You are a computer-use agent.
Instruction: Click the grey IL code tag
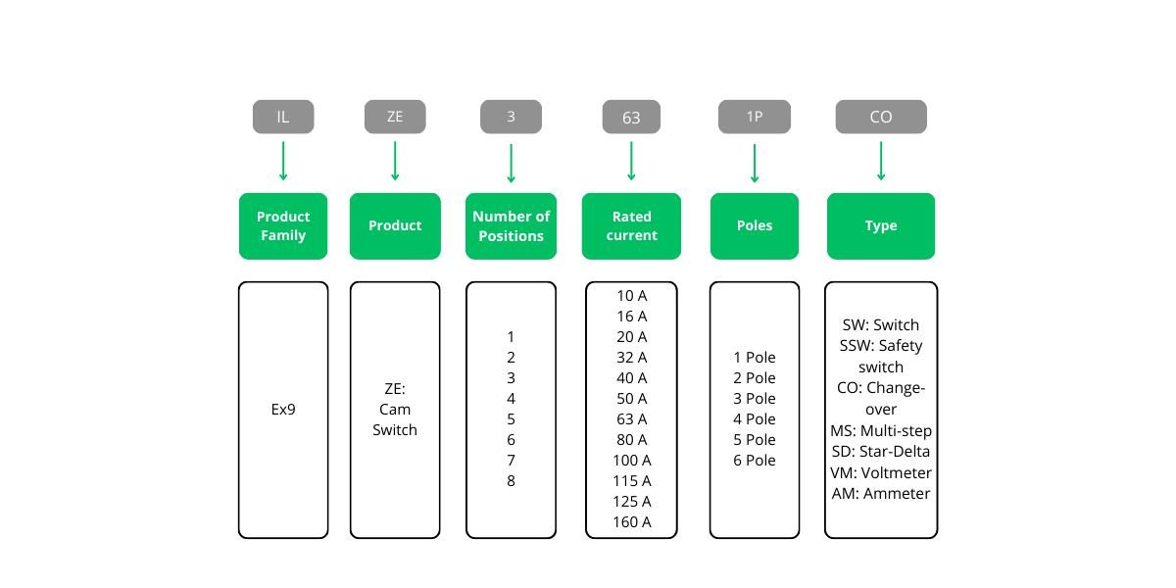coord(283,117)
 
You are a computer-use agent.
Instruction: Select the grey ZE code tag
coord(395,117)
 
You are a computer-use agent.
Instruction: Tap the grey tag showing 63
coord(631,118)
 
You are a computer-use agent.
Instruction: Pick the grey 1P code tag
coord(755,117)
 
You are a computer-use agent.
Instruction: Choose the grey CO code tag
coord(881,117)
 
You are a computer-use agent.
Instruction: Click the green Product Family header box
coord(283,226)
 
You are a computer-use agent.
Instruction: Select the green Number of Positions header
coord(511,226)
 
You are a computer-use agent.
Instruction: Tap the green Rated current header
coord(631,226)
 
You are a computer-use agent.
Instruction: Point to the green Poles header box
coord(755,226)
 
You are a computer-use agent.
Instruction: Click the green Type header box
coord(881,226)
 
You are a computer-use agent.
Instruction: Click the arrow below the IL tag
coord(283,161)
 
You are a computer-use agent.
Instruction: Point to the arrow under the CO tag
coord(881,161)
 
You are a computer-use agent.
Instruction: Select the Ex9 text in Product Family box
coord(283,410)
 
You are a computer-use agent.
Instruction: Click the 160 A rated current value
coord(632,522)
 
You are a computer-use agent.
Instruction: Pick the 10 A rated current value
coord(632,296)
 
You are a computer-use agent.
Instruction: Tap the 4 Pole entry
coord(755,419)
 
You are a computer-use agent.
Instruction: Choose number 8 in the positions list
coord(511,481)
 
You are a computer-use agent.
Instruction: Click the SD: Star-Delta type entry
coord(881,452)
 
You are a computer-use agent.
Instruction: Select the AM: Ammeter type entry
coord(881,494)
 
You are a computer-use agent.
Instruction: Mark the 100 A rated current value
coord(632,461)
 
